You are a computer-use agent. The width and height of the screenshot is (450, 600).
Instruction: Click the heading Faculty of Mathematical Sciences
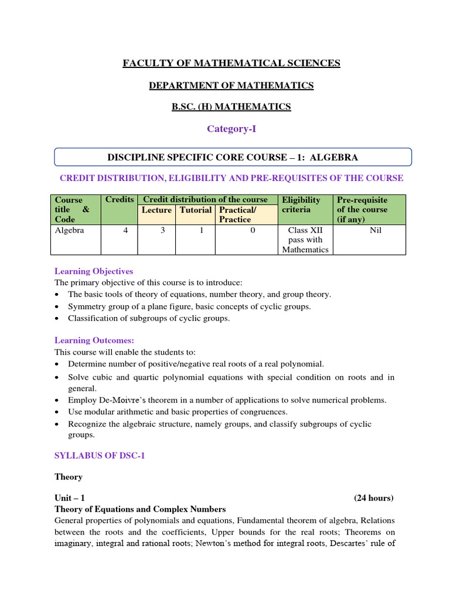click(x=231, y=63)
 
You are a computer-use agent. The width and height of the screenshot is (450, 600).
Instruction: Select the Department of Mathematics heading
click(x=231, y=86)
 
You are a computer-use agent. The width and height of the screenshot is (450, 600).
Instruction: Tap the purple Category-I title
click(x=231, y=129)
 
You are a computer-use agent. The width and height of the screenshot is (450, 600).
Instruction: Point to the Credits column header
click(x=120, y=200)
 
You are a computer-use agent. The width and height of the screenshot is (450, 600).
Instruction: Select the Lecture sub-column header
click(x=156, y=210)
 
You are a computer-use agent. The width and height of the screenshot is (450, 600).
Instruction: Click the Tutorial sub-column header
click(x=195, y=210)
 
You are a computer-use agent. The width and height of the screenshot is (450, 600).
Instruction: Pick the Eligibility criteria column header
click(x=301, y=204)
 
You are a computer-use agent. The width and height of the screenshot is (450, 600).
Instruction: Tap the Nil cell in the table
click(x=376, y=230)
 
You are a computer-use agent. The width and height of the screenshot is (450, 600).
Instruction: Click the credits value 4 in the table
click(x=125, y=230)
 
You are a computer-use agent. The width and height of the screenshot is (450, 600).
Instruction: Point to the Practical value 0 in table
click(x=253, y=230)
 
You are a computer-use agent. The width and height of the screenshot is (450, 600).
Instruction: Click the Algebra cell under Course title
click(x=69, y=230)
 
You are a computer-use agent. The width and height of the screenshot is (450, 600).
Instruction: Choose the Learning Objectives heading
click(x=94, y=271)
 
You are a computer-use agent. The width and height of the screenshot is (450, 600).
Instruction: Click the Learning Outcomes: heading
click(x=94, y=340)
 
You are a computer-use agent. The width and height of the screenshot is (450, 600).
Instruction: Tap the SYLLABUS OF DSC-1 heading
click(x=99, y=455)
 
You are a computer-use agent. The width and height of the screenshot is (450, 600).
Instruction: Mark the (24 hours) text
click(x=374, y=498)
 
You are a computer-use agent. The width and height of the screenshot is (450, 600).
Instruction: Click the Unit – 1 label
click(x=70, y=498)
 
